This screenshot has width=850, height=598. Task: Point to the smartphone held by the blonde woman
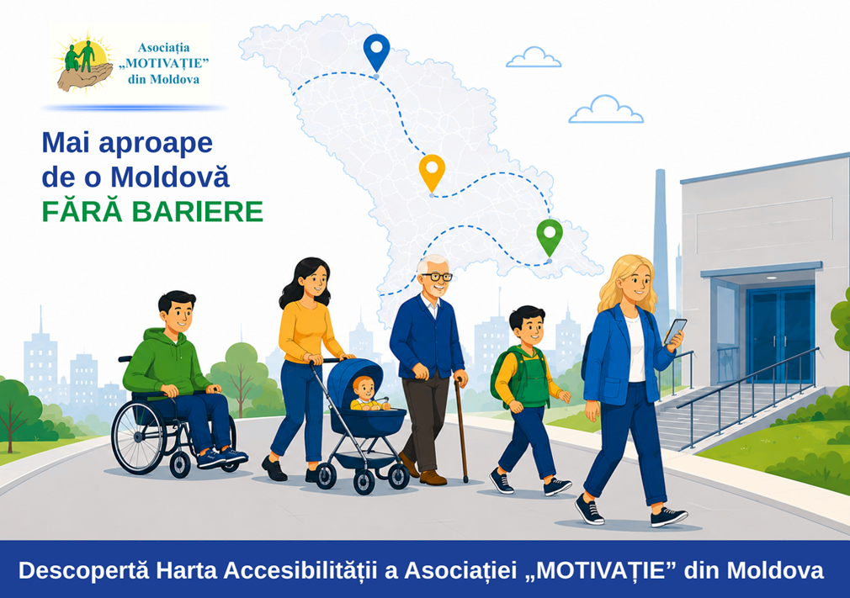click(x=676, y=331)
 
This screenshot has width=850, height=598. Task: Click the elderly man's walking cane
click(x=461, y=428)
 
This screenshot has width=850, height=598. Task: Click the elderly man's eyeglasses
click(x=437, y=277)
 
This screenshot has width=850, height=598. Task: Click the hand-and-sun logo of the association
click(x=85, y=64)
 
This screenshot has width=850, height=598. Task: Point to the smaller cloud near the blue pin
click(x=534, y=57)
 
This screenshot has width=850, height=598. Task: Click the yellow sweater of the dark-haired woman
click(x=307, y=332)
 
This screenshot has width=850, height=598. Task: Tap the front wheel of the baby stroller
click(x=364, y=482)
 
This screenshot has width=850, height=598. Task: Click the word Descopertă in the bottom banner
click(x=83, y=570)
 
